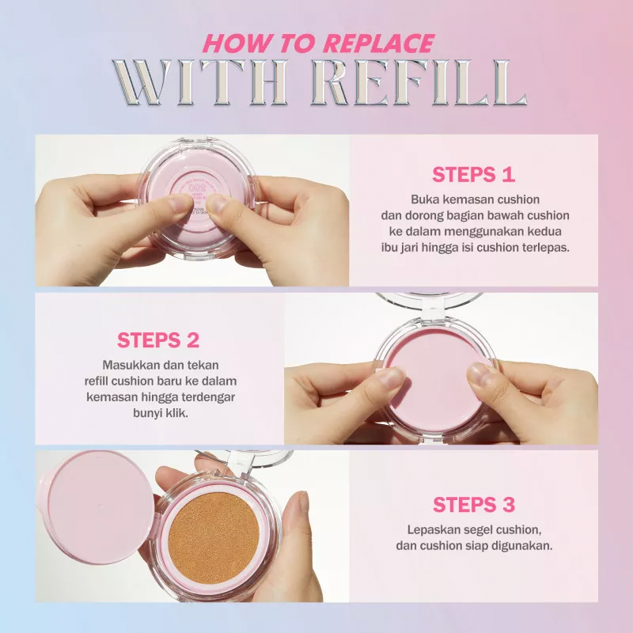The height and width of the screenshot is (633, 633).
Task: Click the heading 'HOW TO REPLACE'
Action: [x=319, y=44]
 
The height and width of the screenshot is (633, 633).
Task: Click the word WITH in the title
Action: [x=200, y=83]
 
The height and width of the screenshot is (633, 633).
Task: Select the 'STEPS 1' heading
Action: [x=473, y=175]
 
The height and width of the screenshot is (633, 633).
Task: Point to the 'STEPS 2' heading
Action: [x=158, y=340]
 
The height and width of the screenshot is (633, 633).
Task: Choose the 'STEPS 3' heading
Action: [x=474, y=505]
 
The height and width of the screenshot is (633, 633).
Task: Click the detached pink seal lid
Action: [x=97, y=507]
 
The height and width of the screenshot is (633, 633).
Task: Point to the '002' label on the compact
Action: [x=197, y=188]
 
